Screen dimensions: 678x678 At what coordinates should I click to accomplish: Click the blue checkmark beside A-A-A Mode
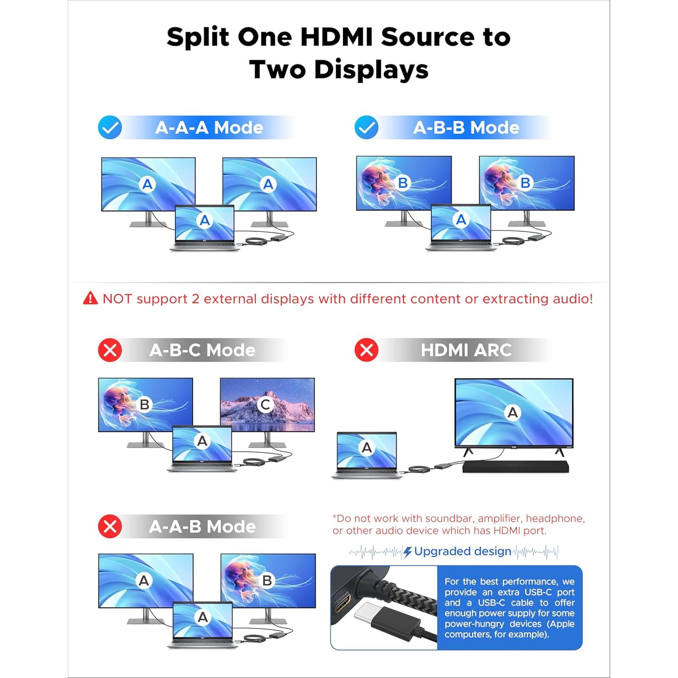[110, 127]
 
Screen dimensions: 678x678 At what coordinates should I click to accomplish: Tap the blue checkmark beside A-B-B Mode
[367, 127]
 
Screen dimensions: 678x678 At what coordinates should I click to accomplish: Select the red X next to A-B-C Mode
[110, 350]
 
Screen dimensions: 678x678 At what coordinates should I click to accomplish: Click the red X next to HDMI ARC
[367, 350]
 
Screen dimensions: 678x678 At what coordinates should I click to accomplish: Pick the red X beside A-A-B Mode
[110, 527]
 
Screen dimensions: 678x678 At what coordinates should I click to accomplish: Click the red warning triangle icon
[90, 298]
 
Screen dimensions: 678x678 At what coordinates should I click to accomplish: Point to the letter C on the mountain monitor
[266, 405]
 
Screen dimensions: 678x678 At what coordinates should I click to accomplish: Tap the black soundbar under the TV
[515, 466]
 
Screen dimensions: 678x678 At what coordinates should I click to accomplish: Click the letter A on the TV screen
[513, 412]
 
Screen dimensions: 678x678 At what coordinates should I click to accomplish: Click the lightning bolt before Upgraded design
[408, 552]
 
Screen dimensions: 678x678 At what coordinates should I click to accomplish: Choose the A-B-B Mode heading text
[466, 128]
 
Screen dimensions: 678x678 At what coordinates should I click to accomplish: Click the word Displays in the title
[371, 70]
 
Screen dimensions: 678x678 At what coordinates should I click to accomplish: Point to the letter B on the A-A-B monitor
[267, 580]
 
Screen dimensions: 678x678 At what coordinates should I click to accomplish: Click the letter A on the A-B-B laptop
[461, 220]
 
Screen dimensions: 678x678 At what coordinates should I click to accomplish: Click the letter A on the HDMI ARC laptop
[367, 447]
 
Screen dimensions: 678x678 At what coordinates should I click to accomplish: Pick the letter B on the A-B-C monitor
[145, 405]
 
